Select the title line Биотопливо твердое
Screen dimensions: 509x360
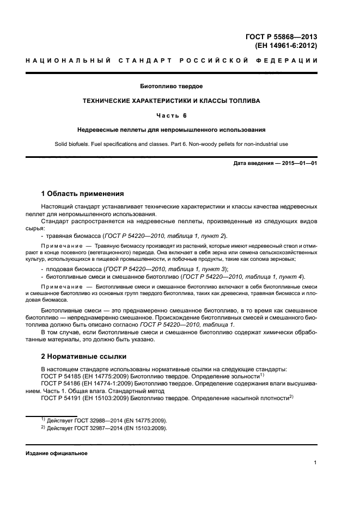pyautogui.click(x=172, y=86)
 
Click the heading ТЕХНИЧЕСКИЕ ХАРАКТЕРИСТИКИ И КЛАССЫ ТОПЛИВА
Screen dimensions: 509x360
pyautogui.click(x=171, y=101)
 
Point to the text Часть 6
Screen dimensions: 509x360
pyautogui.click(x=171, y=115)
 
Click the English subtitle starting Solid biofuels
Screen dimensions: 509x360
pyautogui.click(x=171, y=144)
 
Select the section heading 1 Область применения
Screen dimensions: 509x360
pyautogui.click(x=82, y=194)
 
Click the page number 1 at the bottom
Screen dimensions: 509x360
pyautogui.click(x=315, y=462)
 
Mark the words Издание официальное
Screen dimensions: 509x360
pyautogui.click(x=57, y=453)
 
